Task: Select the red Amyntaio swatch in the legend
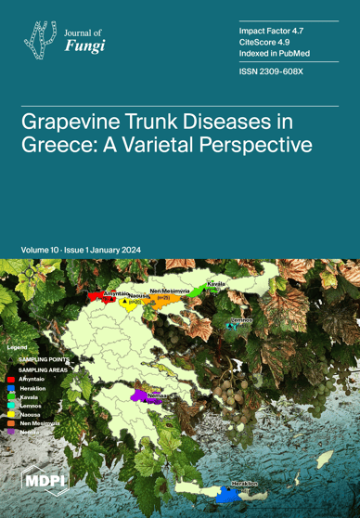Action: pos(10,379)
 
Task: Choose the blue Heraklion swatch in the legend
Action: pos(10,387)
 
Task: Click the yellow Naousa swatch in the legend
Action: pos(10,413)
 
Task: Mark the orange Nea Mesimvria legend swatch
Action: pos(10,421)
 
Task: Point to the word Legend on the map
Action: pos(19,346)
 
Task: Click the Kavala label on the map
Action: pos(215,282)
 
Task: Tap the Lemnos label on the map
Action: pos(241,320)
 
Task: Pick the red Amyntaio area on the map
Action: pos(96,297)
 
